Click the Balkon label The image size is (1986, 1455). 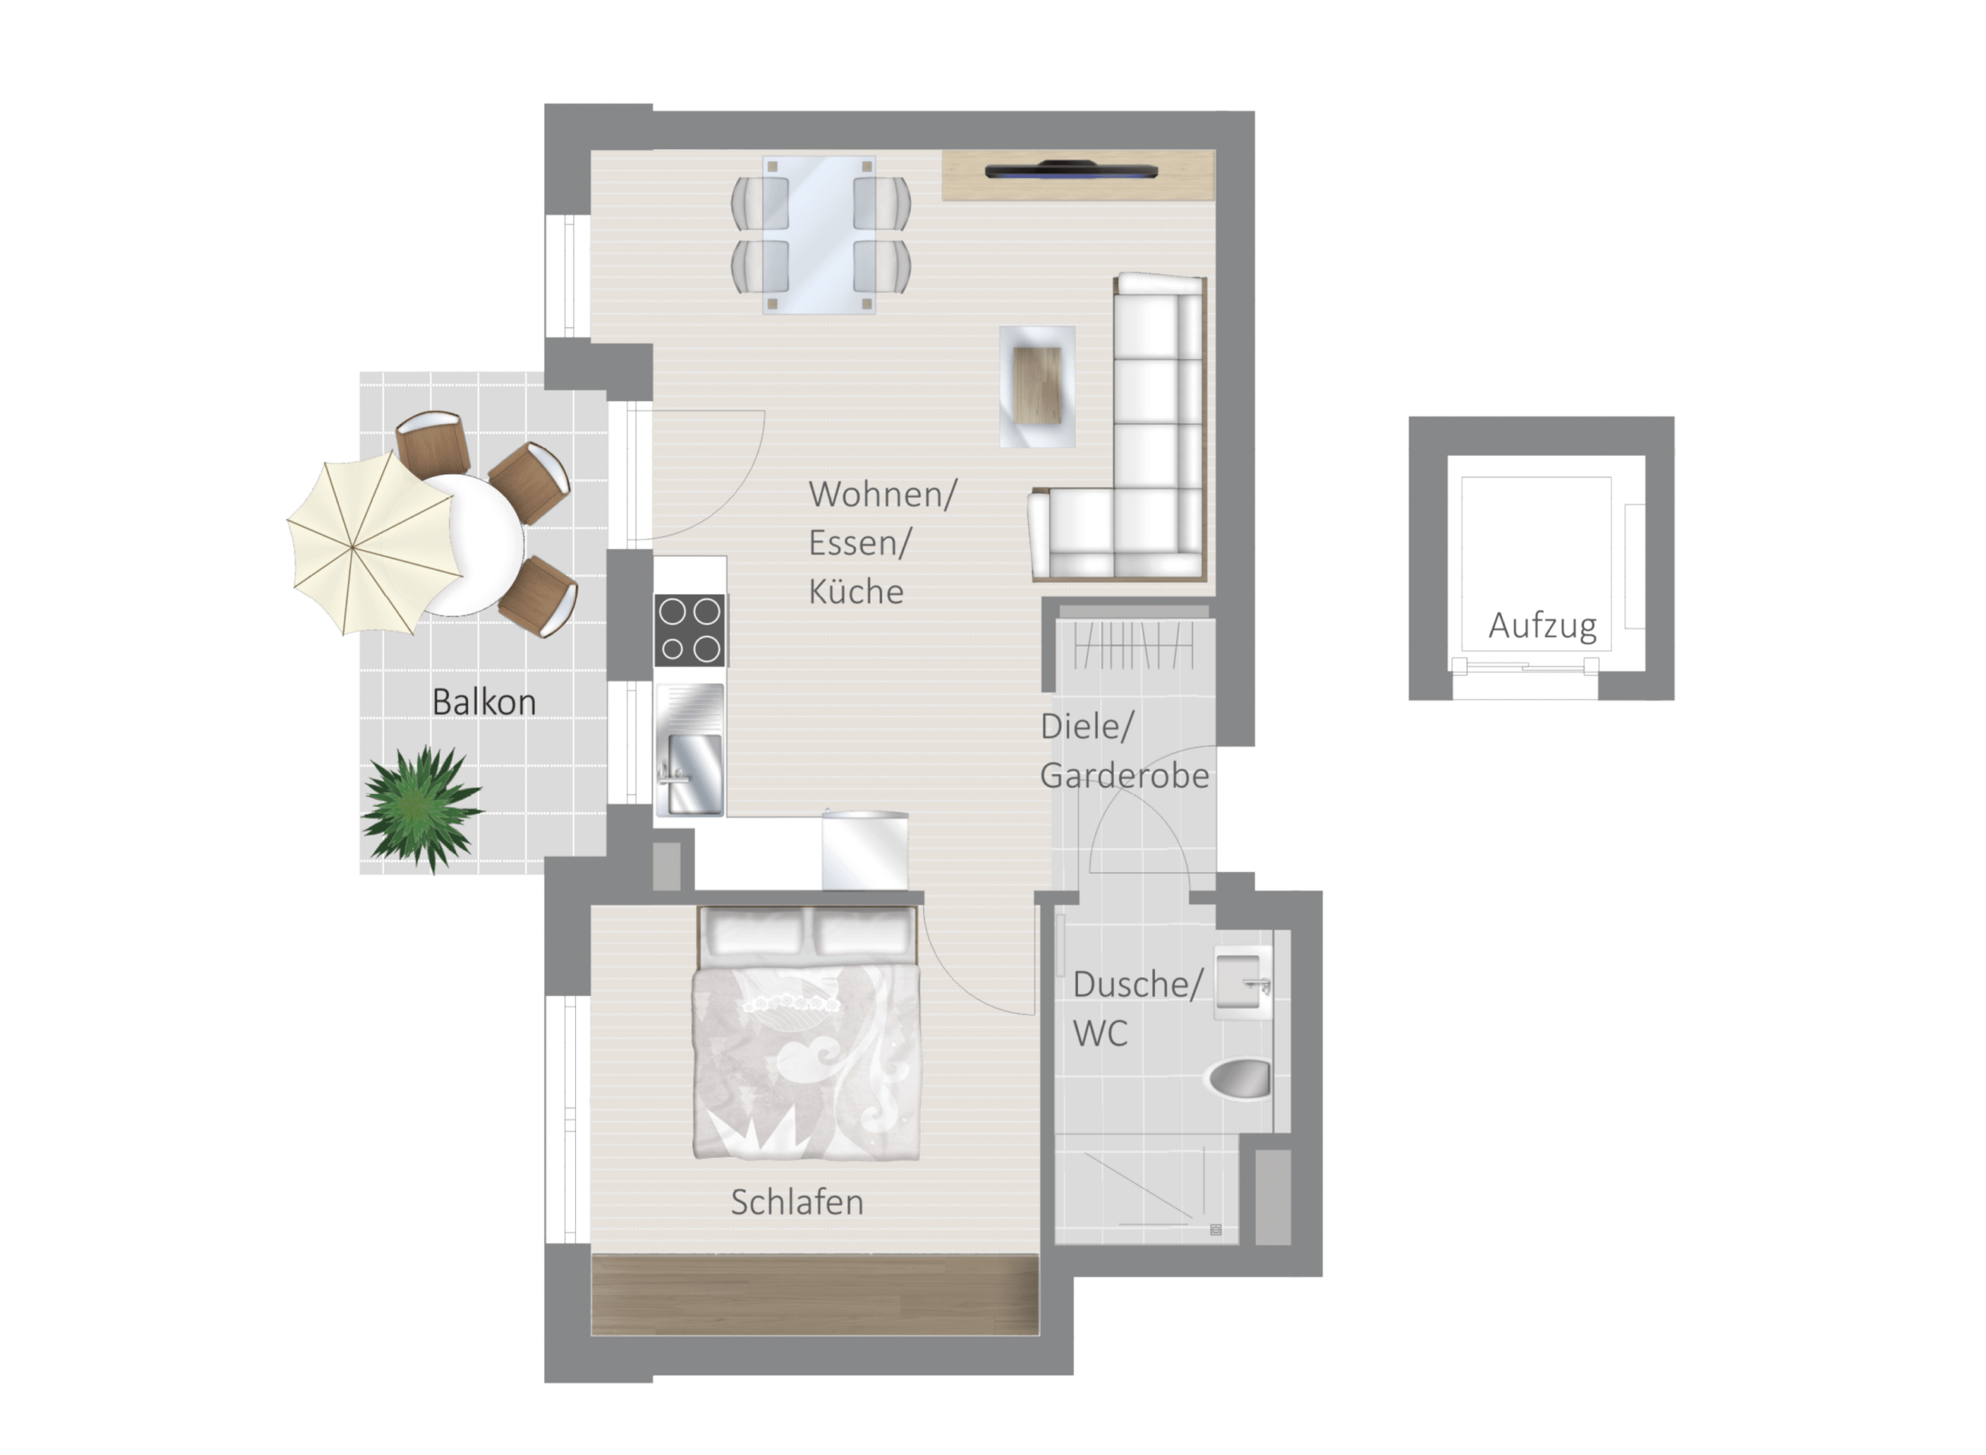click(484, 702)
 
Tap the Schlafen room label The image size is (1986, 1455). click(797, 1202)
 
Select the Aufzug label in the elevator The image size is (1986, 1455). click(1542, 626)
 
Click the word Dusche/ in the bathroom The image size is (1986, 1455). click(1137, 985)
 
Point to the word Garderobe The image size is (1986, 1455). click(1125, 776)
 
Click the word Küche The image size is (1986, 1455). click(856, 592)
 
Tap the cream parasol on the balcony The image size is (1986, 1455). click(373, 544)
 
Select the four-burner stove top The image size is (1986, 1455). click(690, 630)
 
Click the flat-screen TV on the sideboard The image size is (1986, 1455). click(1071, 170)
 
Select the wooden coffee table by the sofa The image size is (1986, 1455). click(1037, 386)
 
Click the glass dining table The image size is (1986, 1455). click(819, 235)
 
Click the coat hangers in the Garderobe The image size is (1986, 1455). click(1134, 646)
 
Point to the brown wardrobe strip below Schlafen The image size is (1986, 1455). click(814, 1295)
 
